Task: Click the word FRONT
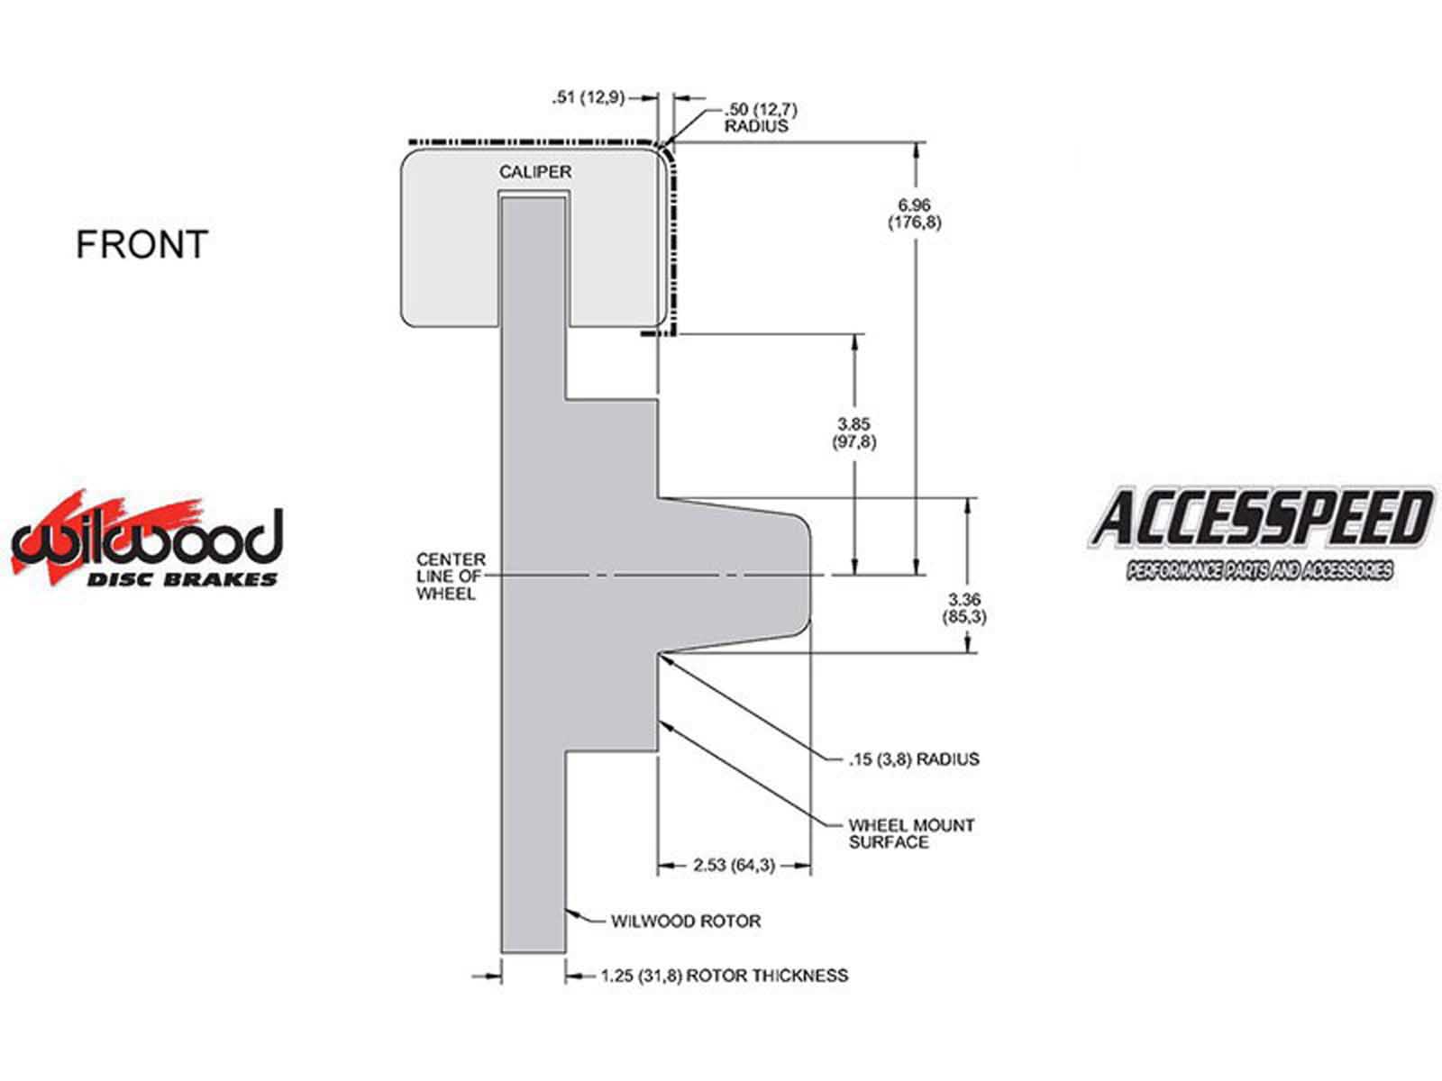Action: [141, 244]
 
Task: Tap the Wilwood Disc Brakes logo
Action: [147, 538]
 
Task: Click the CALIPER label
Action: [534, 172]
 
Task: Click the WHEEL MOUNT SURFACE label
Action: [911, 833]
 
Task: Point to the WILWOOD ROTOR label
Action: [686, 921]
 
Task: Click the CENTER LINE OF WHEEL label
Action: [451, 577]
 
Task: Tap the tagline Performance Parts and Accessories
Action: [1259, 570]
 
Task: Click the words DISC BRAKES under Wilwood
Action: [182, 579]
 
